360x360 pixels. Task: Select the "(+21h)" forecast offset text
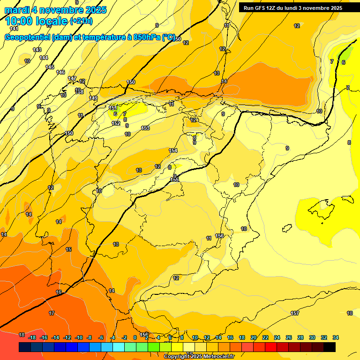point(81,21)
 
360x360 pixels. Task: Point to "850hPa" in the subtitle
point(145,37)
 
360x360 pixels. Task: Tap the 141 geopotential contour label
point(14,29)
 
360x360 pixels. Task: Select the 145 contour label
point(50,67)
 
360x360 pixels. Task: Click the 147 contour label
point(72,78)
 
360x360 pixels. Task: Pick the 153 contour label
point(145,128)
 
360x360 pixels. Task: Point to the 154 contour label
point(173,150)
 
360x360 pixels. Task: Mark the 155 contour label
point(174,180)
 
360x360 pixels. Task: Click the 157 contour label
point(295,313)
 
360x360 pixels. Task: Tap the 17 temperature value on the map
point(52,313)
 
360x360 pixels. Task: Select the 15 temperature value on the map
point(68,249)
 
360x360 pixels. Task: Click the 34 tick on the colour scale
point(336,337)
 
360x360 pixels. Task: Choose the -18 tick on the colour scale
point(32,337)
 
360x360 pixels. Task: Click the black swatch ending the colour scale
point(329,347)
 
